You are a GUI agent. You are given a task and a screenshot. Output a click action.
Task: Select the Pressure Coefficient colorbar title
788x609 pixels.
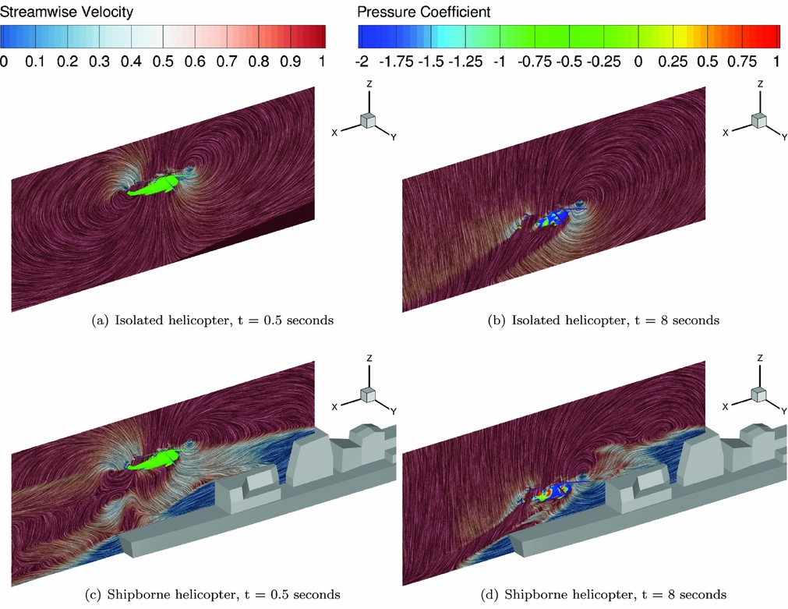point(423,12)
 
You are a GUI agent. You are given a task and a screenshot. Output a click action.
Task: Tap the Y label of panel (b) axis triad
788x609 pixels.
point(783,137)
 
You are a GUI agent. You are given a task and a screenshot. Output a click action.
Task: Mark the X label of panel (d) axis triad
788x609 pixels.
point(726,406)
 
